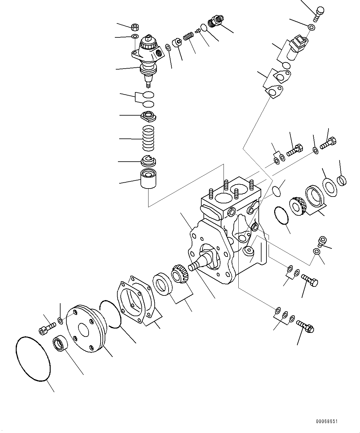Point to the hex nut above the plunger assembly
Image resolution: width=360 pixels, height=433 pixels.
point(135,27)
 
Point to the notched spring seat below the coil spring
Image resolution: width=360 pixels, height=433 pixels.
point(149,161)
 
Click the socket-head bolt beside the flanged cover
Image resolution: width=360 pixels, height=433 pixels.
point(47,329)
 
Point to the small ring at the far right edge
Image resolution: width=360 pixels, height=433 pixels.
point(342,180)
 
